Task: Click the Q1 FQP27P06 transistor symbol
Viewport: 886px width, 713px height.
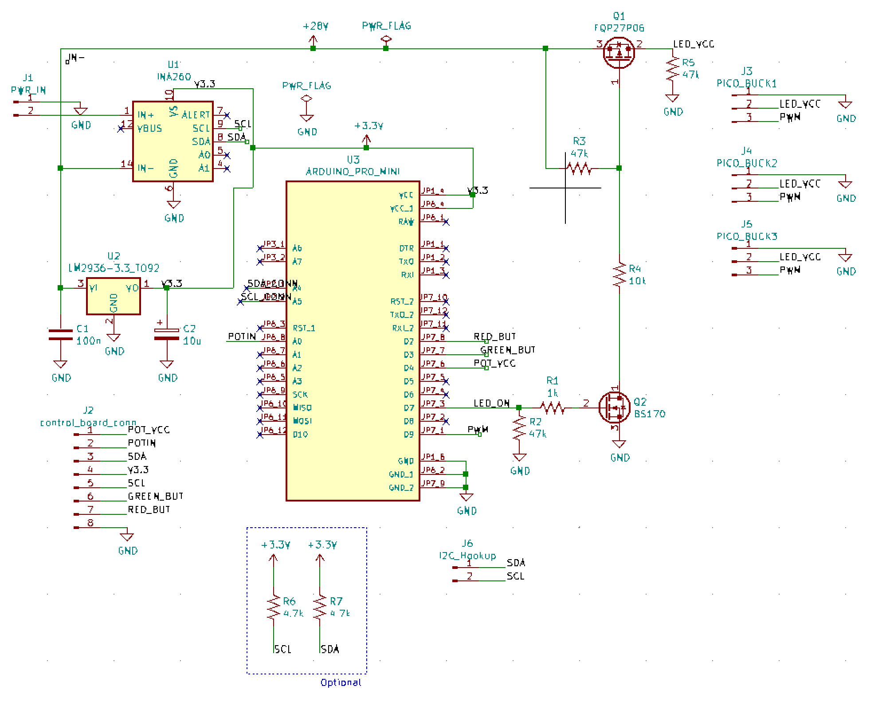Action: pos(619,52)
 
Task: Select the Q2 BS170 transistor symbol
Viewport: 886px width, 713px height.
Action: pos(614,407)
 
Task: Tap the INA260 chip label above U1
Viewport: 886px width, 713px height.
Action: pos(174,77)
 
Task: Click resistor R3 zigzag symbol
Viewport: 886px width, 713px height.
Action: pos(579,168)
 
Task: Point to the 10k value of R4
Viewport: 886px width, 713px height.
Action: pos(637,281)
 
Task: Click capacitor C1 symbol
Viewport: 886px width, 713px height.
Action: pos(60,335)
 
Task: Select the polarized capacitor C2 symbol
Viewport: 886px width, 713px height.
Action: pos(167,334)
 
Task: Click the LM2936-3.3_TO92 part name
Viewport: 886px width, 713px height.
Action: pos(114,268)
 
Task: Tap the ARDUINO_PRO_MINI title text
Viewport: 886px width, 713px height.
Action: pos(353,171)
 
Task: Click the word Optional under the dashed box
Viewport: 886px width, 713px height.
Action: pos(341,682)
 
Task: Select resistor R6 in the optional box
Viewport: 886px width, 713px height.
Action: pos(274,607)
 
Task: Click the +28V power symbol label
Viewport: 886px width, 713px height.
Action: pos(315,26)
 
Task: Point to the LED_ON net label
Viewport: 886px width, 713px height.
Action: pos(491,403)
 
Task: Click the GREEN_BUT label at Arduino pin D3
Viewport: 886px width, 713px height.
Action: pos(508,350)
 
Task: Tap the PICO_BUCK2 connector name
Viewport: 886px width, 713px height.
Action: pos(747,163)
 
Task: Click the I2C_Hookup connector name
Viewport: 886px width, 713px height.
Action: pos(467,556)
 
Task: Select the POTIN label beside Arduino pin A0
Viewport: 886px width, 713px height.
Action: pos(242,337)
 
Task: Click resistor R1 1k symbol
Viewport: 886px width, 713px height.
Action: pos(552,407)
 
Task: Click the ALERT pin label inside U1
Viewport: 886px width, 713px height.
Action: pos(196,115)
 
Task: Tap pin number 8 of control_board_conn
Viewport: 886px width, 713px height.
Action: pos(90,522)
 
